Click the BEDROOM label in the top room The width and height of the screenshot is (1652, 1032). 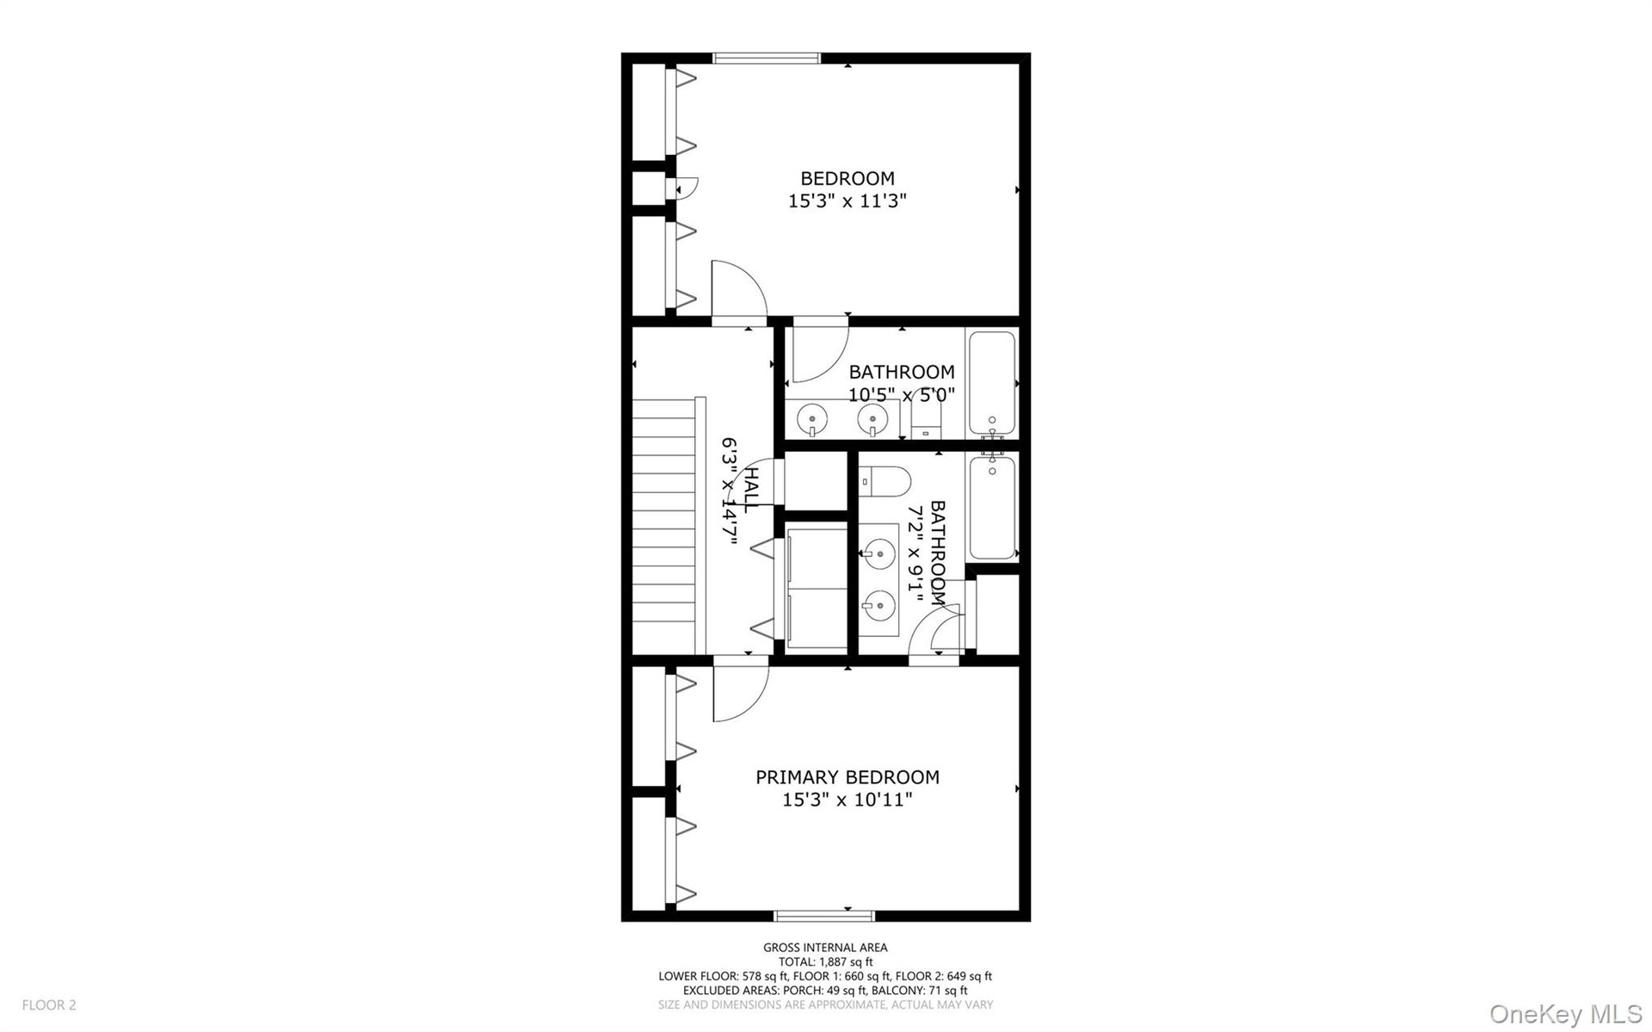pos(848,178)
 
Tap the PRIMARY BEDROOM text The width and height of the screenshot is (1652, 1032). pos(848,777)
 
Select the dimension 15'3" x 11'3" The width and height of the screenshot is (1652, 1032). pos(848,201)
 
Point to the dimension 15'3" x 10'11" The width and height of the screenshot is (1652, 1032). pos(848,800)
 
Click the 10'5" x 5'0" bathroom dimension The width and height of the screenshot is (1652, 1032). pos(902,395)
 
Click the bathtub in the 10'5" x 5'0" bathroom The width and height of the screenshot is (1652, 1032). pos(992,384)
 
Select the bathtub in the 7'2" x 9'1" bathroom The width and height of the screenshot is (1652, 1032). pos(992,508)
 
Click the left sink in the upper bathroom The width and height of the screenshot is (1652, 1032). pos(811,419)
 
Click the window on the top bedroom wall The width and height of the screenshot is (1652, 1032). pos(767,59)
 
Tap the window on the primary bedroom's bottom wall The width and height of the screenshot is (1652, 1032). pos(824,916)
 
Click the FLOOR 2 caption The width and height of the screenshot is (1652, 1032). pos(49,1004)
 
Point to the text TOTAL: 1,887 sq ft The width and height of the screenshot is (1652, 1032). pos(825,962)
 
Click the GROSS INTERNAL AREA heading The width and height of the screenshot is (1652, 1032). pos(825,948)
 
